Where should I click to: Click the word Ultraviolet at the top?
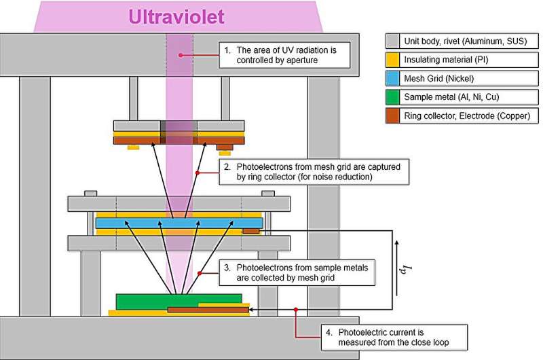click(176, 16)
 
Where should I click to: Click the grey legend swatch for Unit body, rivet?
click(393, 40)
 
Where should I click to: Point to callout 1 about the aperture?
click(284, 55)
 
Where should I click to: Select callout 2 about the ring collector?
click(314, 171)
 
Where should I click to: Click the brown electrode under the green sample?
click(208, 310)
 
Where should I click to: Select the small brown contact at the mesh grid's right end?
click(250, 232)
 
